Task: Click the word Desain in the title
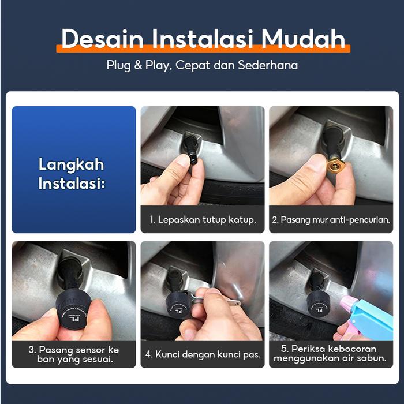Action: pos(102,39)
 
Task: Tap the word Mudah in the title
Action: pos(303,39)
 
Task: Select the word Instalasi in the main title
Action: pos(203,39)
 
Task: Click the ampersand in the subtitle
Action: pos(138,65)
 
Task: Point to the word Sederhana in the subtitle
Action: pos(268,65)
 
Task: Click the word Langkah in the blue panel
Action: pos(72,165)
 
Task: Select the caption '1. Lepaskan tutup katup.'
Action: pos(203,219)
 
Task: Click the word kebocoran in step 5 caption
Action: pos(352,349)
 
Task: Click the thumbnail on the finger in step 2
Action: pos(318,162)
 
